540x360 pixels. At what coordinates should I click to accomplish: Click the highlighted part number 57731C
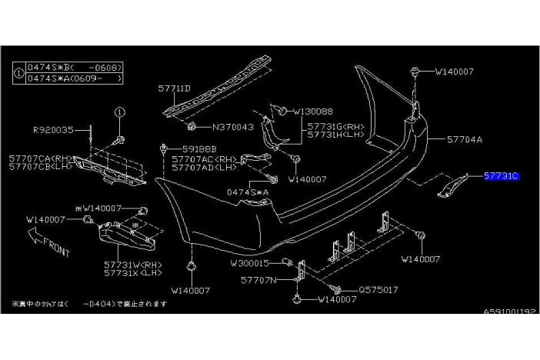502,176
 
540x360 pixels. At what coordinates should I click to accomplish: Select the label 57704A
465,140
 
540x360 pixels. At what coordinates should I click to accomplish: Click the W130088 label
312,111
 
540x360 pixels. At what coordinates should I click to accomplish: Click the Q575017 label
378,290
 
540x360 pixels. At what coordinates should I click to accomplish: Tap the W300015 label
251,263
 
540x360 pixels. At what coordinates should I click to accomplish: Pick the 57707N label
258,280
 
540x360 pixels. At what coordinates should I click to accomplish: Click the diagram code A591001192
508,312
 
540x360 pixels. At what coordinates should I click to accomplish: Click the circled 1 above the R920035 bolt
120,112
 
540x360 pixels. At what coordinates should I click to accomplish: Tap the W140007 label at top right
454,72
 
